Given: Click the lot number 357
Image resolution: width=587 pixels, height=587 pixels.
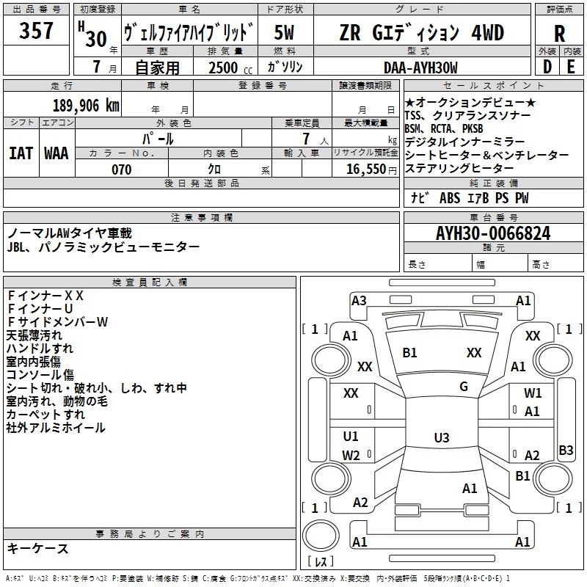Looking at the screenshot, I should (36, 31).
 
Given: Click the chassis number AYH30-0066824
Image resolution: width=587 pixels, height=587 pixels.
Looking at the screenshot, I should (493, 233).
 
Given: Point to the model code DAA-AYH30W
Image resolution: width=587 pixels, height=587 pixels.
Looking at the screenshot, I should (420, 68).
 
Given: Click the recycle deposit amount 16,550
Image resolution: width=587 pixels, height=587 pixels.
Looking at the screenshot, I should (365, 169).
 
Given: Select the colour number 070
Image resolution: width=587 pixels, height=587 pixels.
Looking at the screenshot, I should (121, 169).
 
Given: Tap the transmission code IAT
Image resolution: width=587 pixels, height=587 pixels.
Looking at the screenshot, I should (21, 153).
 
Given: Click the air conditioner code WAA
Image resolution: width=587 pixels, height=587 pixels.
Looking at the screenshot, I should (56, 153).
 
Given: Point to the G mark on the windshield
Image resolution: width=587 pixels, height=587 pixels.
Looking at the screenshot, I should (464, 387).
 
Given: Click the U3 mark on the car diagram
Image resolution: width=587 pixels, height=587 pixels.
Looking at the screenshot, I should (441, 438).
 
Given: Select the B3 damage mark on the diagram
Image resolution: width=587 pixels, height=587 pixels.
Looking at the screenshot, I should (566, 451).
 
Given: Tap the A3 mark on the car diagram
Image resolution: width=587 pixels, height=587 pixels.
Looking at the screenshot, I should (359, 300).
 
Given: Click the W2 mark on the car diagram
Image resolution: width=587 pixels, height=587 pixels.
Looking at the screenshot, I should (351, 455).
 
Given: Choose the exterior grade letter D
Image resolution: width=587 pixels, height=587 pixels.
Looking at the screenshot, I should (547, 68).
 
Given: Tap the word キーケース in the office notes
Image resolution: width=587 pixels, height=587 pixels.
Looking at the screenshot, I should (37, 548).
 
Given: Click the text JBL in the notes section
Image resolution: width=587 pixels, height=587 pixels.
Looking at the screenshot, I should (17, 247).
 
